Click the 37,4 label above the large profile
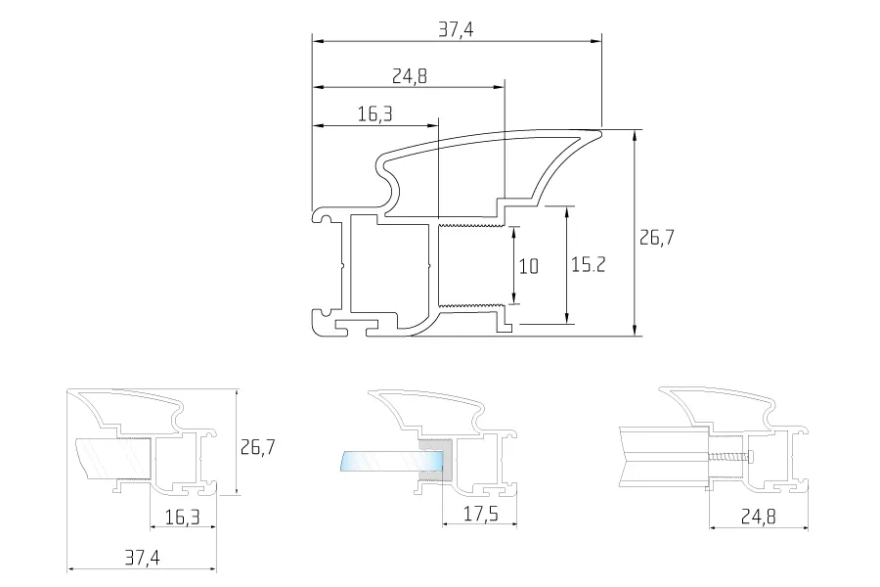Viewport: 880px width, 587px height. (x=456, y=29)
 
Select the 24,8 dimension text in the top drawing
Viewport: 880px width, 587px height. (x=409, y=76)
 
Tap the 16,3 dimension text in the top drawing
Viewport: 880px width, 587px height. (x=374, y=114)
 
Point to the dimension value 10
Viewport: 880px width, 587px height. (x=528, y=266)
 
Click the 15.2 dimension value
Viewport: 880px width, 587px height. (x=589, y=264)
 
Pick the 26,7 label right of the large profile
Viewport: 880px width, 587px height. (x=657, y=238)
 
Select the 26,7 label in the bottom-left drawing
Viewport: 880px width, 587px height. (x=257, y=447)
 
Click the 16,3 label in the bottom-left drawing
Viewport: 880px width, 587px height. (x=183, y=517)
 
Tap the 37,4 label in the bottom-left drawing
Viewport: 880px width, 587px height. (x=142, y=558)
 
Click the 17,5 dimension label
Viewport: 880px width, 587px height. (x=481, y=514)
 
